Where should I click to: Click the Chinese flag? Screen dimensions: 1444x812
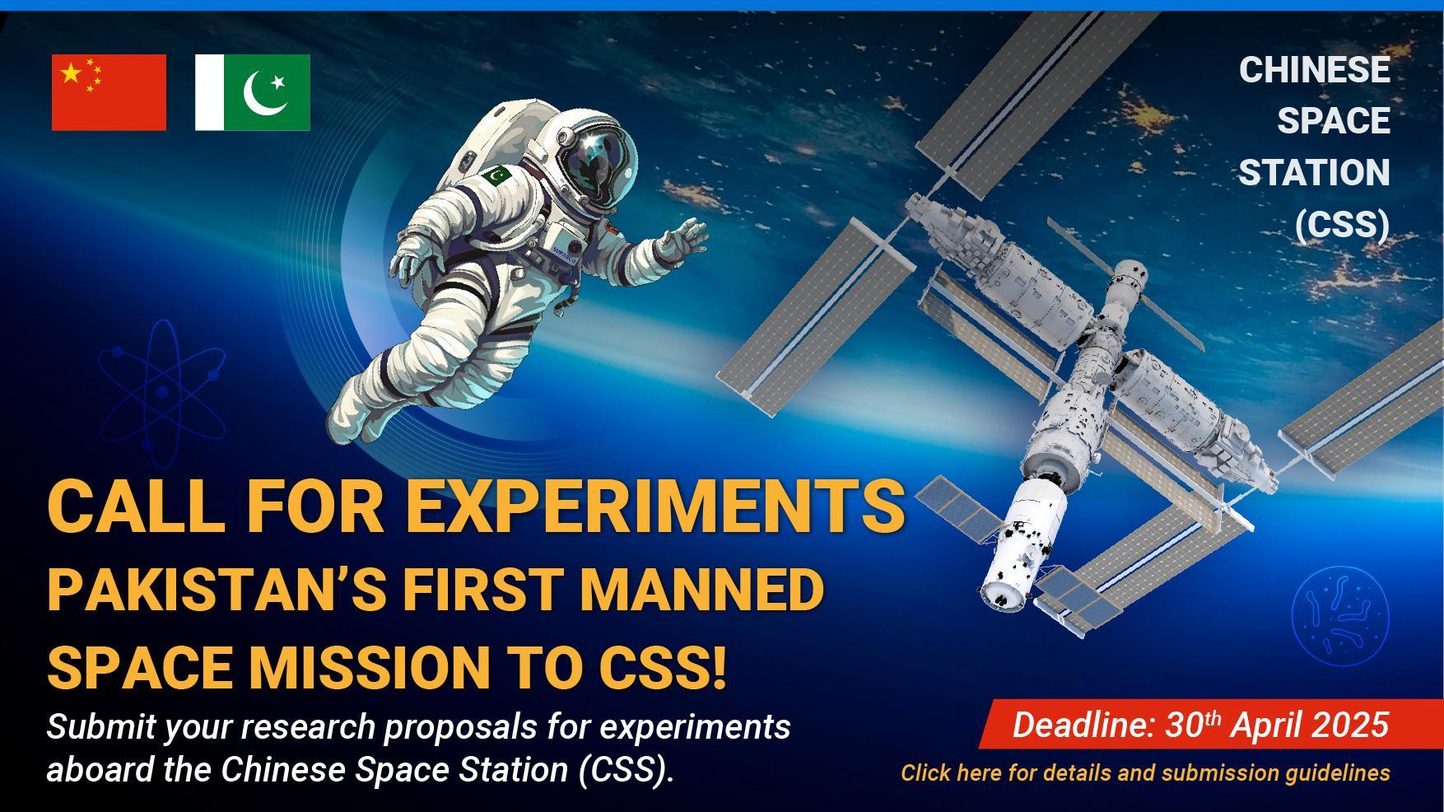[109, 92]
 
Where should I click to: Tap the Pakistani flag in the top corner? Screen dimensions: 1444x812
[253, 92]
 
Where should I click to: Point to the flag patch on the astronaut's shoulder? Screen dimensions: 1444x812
[497, 175]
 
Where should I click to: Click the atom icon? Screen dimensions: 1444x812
[162, 387]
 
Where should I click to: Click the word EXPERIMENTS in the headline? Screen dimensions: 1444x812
[655, 505]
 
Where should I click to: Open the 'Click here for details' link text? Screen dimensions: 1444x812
[1145, 772]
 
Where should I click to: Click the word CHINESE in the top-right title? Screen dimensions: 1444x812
[1315, 70]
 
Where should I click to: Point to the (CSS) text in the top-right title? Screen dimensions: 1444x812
[1343, 225]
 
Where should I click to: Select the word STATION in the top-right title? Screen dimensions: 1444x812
[1315, 173]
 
